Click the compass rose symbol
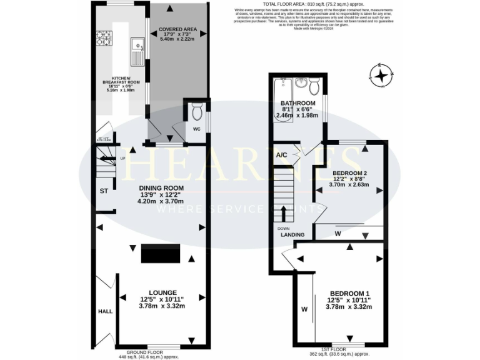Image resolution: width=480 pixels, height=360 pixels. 380,75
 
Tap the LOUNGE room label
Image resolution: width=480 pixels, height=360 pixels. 162,292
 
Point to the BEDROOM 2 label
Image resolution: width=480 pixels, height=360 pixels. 349,172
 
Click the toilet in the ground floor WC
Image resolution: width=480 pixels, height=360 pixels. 196,113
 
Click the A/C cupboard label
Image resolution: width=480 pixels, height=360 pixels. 281,155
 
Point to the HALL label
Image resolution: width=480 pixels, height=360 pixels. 104,311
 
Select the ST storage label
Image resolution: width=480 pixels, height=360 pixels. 104,192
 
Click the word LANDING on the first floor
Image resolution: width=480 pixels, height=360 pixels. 292,235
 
